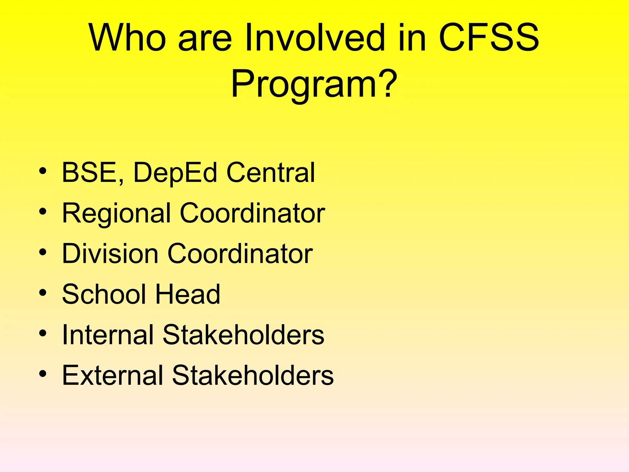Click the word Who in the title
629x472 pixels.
tap(127, 38)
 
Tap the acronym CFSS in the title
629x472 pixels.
tap(489, 38)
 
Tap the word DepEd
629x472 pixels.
tap(175, 173)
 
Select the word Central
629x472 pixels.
tap(271, 173)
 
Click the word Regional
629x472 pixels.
tap(116, 214)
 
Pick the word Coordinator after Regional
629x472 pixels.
tap(252, 213)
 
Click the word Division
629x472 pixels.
tap(110, 254)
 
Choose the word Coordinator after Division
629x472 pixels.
tap(240, 254)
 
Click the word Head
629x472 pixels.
tap(188, 294)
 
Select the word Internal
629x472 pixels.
tap(108, 335)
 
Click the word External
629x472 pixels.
tap(112, 375)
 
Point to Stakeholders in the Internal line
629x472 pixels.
tap(243, 335)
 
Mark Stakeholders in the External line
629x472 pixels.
tap(253, 375)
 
